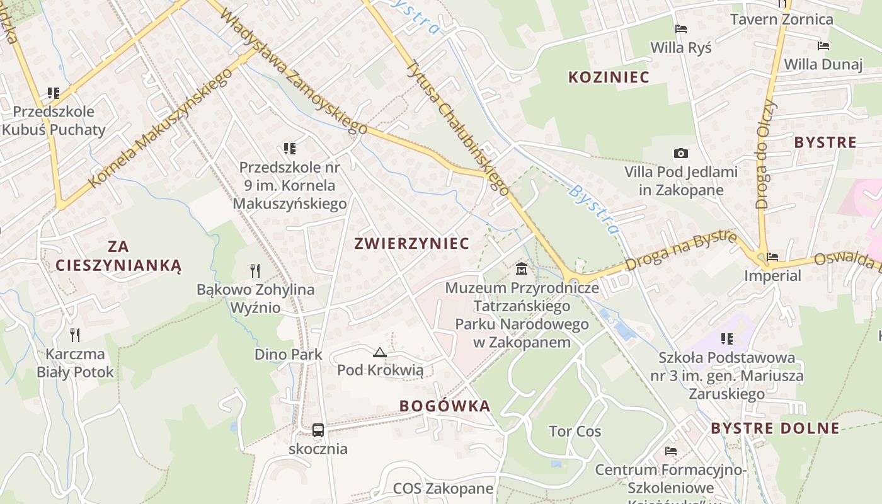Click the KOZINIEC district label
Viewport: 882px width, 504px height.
(x=609, y=77)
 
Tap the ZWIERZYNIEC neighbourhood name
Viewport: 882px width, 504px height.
(x=412, y=243)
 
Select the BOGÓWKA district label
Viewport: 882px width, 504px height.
(x=445, y=406)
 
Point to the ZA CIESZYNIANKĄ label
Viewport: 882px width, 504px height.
(x=118, y=256)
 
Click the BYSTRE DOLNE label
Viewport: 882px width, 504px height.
(x=775, y=428)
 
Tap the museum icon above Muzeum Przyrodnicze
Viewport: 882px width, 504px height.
(x=522, y=270)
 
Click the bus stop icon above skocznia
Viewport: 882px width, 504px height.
(x=318, y=430)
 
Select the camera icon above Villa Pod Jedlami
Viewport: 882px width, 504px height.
(x=680, y=153)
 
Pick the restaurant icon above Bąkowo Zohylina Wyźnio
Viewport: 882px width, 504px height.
(x=255, y=271)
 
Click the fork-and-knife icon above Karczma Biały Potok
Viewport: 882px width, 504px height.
(x=75, y=335)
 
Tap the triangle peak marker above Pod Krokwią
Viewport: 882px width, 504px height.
(x=379, y=352)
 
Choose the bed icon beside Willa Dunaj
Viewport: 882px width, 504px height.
(x=823, y=45)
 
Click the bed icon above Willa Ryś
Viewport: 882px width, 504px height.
(x=680, y=28)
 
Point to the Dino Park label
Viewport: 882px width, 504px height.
(x=289, y=354)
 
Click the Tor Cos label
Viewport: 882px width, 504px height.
(x=575, y=432)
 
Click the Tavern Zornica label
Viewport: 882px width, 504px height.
(x=781, y=19)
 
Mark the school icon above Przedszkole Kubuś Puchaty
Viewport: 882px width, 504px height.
(x=54, y=93)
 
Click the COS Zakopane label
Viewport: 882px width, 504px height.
(x=443, y=488)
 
